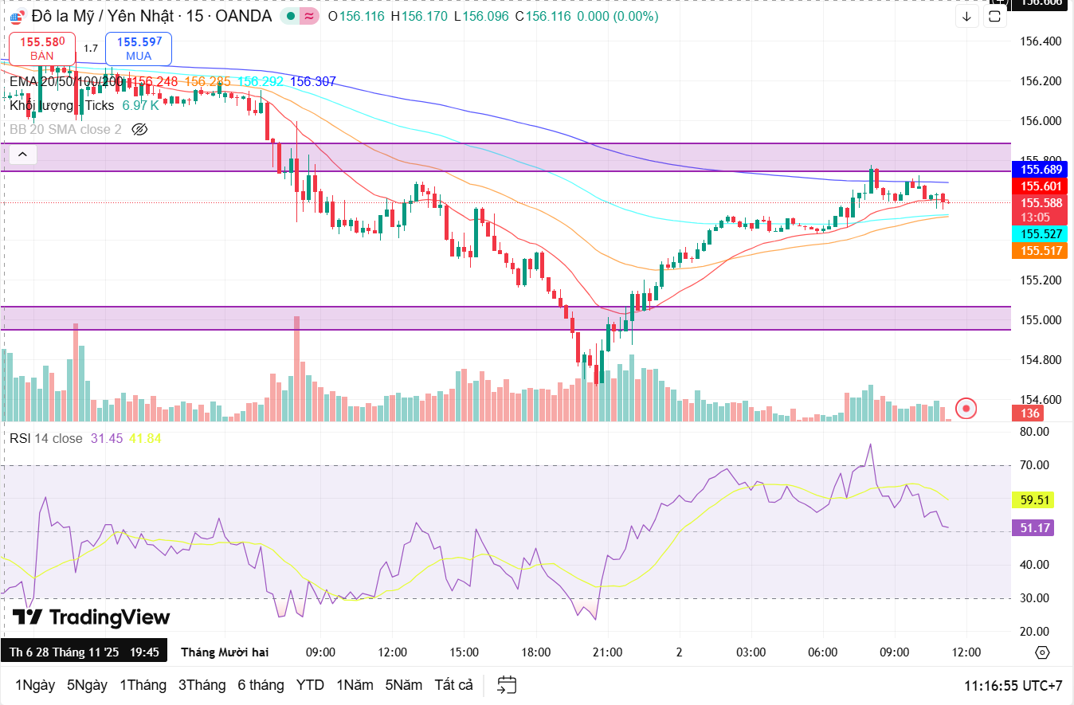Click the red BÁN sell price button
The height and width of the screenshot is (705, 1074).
42,49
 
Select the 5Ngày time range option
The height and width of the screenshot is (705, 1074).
87,685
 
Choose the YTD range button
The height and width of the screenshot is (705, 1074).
310,685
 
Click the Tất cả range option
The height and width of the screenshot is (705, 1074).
453,685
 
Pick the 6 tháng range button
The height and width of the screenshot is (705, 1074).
261,685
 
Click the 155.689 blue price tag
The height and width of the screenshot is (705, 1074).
1041,169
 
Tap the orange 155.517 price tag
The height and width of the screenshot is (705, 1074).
1041,251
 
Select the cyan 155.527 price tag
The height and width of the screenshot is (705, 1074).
1041,234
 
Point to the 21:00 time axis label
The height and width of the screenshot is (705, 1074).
607,652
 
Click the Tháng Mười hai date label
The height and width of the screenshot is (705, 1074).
225,652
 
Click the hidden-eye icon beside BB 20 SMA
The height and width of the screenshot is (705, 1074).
140,129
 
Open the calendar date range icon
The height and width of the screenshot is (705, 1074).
507,685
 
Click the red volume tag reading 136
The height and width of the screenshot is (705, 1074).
1030,413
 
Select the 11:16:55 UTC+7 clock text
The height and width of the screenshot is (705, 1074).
1013,685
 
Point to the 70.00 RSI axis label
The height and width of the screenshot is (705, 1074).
1035,465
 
